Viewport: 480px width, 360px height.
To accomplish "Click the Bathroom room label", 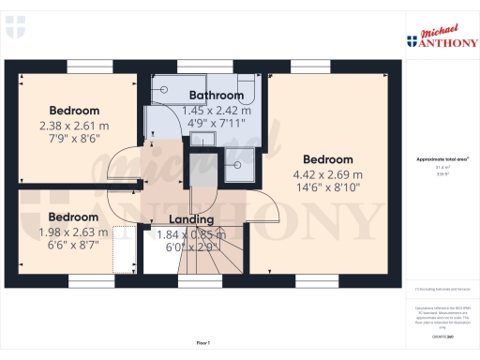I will [217, 96].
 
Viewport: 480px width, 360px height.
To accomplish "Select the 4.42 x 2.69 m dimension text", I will [327, 173].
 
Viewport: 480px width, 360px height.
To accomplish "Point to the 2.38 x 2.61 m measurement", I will [74, 125].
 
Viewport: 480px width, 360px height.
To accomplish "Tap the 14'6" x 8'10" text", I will [327, 187].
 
